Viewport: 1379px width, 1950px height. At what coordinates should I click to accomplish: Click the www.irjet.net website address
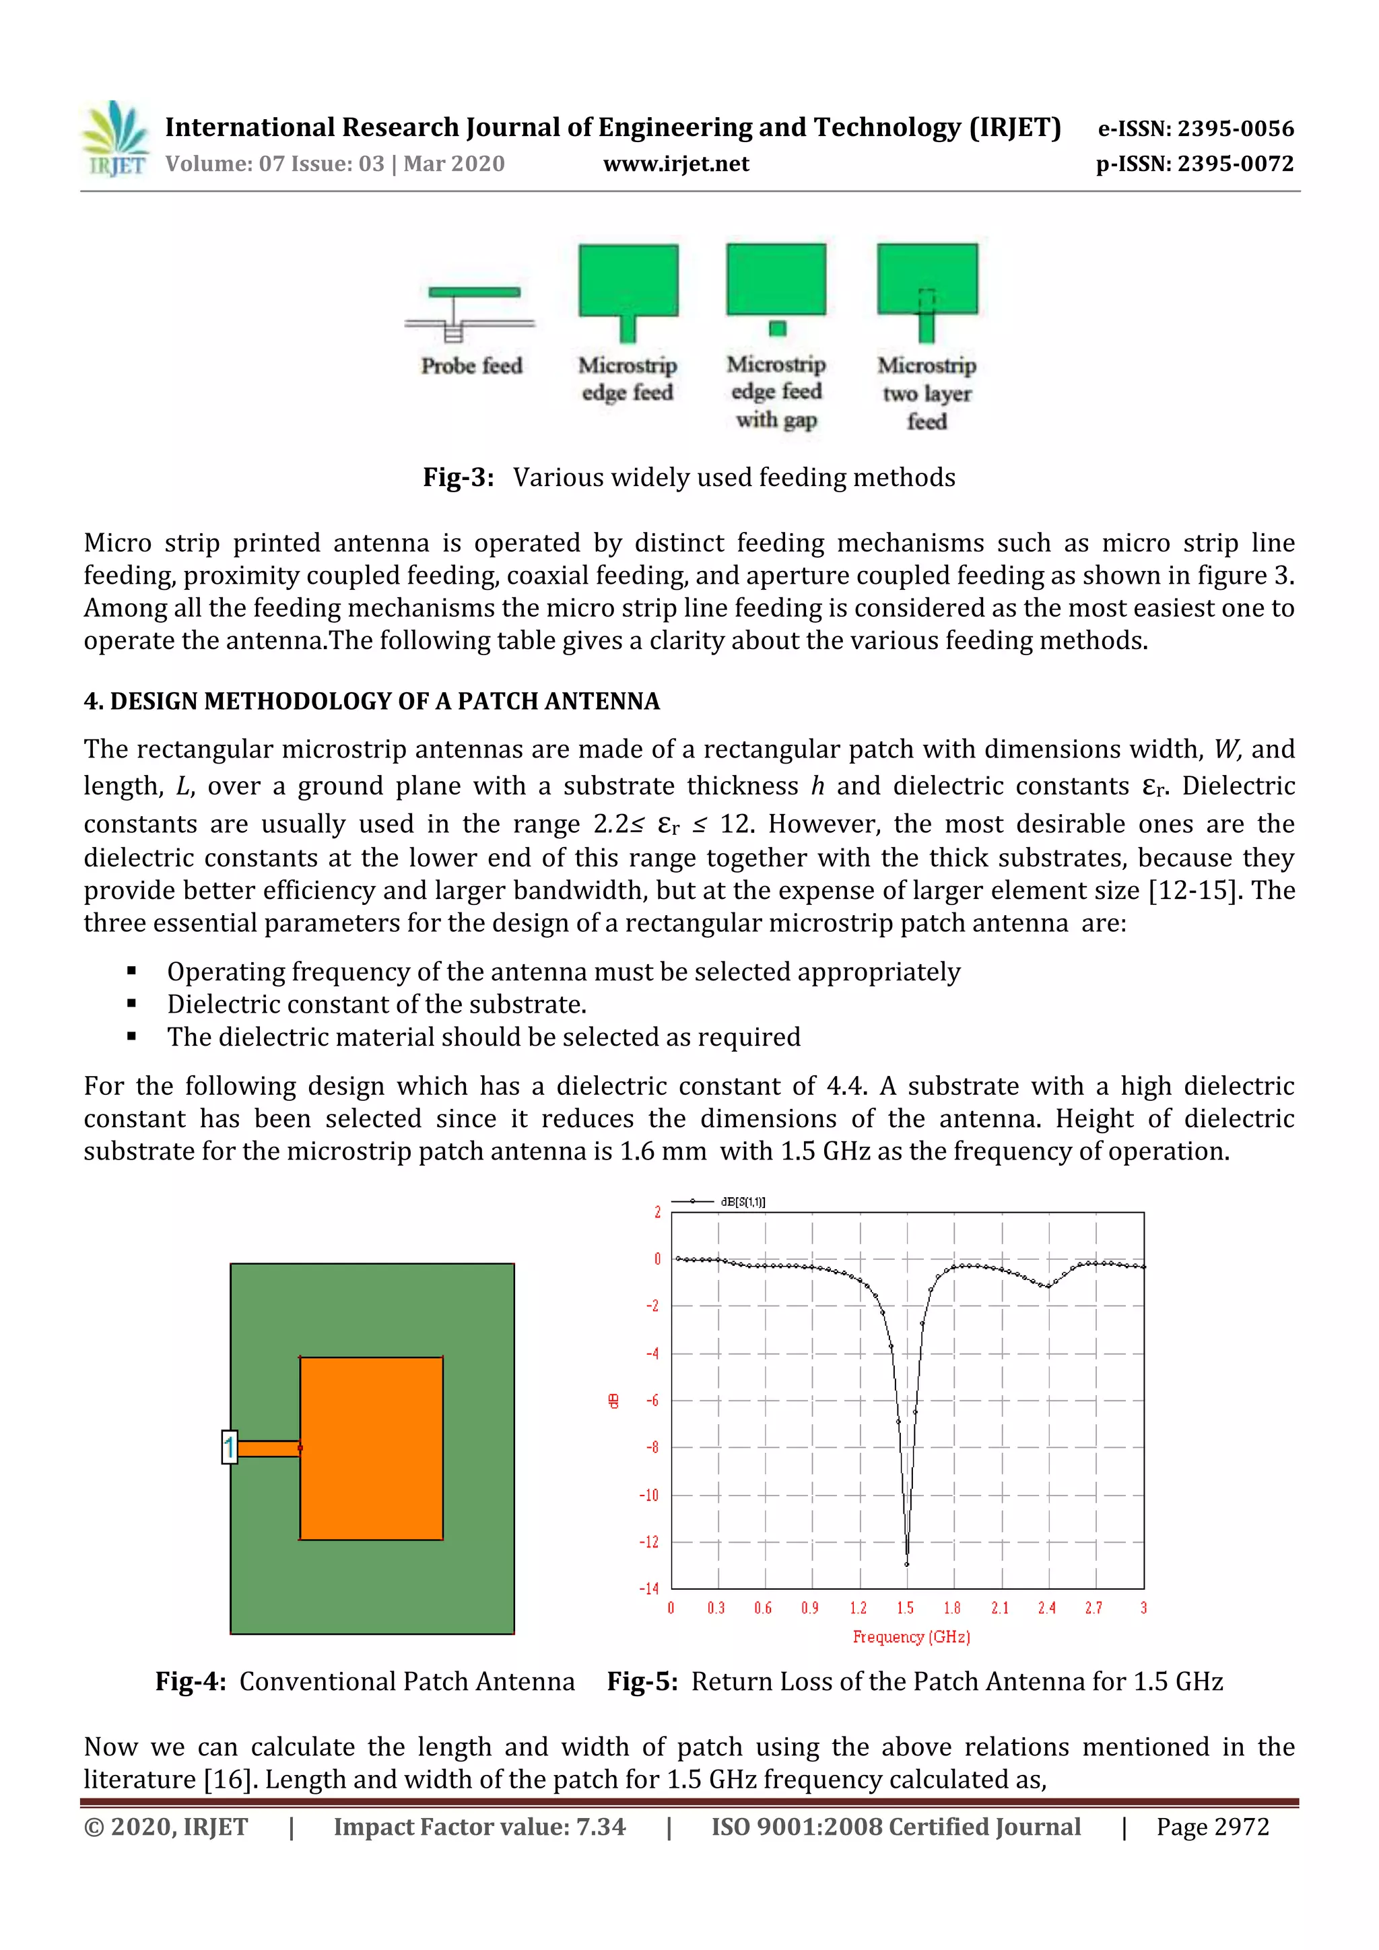676,164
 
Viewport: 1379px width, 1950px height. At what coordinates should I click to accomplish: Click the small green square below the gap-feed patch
777,328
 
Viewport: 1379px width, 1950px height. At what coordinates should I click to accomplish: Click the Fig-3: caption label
459,477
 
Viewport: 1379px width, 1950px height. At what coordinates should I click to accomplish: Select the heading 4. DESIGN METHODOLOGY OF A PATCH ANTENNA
371,701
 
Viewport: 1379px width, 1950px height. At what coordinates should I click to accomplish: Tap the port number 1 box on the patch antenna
228,1446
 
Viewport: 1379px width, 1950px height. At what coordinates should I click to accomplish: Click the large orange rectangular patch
371,1448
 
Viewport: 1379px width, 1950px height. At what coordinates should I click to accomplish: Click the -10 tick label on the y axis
648,1495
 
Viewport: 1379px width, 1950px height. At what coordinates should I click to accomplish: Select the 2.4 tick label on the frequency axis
1046,1608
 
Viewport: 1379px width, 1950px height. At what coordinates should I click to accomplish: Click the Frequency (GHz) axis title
911,1637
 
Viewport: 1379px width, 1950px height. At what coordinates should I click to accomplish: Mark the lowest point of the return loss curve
907,1564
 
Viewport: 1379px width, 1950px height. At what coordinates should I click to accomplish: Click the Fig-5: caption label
642,1681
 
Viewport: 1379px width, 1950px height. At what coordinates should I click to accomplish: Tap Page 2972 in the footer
1212,1827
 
